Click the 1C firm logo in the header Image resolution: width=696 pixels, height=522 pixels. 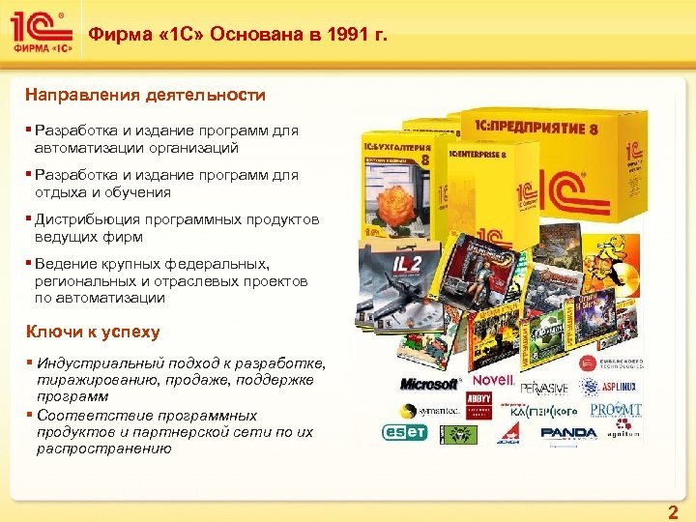click(x=39, y=35)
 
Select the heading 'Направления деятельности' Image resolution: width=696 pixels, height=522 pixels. click(x=145, y=96)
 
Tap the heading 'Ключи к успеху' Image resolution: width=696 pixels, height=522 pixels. click(x=93, y=332)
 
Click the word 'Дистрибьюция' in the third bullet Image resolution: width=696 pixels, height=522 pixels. click(x=84, y=220)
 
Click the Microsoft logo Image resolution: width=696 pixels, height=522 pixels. click(x=429, y=384)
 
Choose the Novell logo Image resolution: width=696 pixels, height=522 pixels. click(x=492, y=380)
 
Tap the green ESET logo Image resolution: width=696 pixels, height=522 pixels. click(x=405, y=432)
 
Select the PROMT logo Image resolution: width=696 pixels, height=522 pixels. click(x=615, y=410)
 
